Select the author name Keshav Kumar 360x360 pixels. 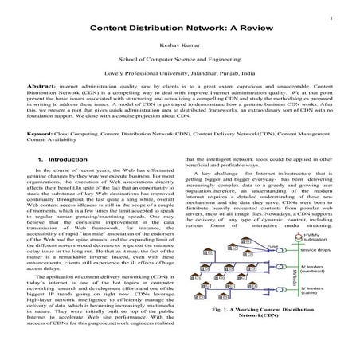click(x=179, y=45)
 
